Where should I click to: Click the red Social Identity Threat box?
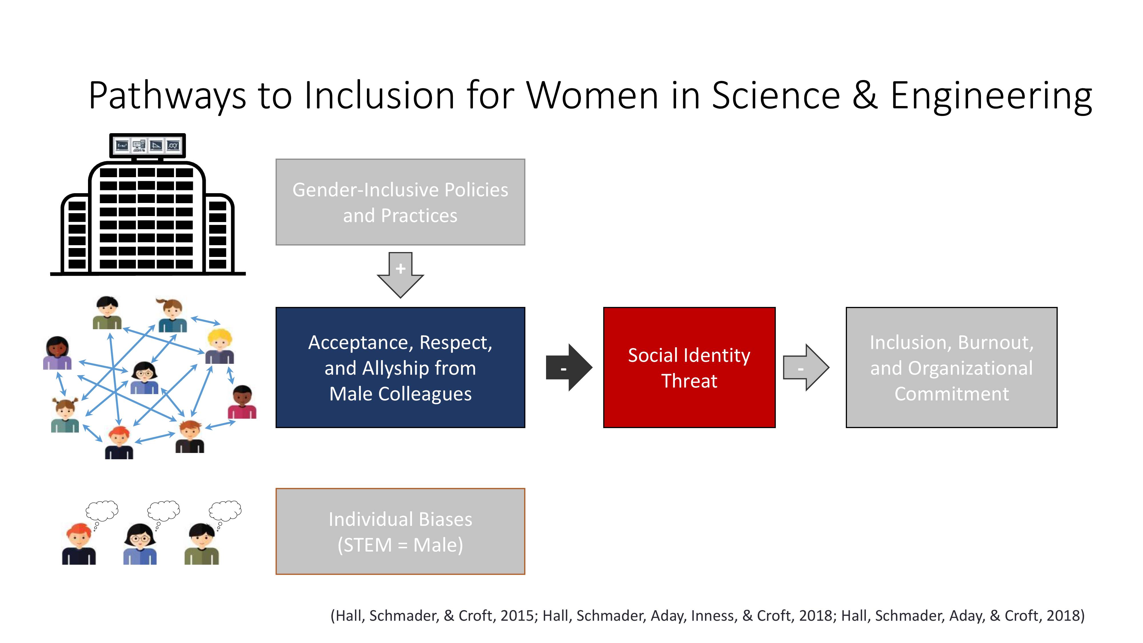click(x=689, y=368)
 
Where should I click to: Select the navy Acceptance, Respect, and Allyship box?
click(x=400, y=368)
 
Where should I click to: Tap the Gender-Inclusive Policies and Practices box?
click(x=400, y=202)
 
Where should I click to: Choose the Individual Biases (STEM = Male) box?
click(x=400, y=531)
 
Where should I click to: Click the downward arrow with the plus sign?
click(x=400, y=275)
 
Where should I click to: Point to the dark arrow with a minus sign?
click(x=569, y=368)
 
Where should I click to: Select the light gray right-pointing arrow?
click(x=806, y=368)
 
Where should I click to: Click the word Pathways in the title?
click(x=167, y=96)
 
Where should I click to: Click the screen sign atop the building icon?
click(x=147, y=145)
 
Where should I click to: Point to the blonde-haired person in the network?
click(x=220, y=347)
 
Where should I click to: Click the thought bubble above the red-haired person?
click(x=102, y=511)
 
